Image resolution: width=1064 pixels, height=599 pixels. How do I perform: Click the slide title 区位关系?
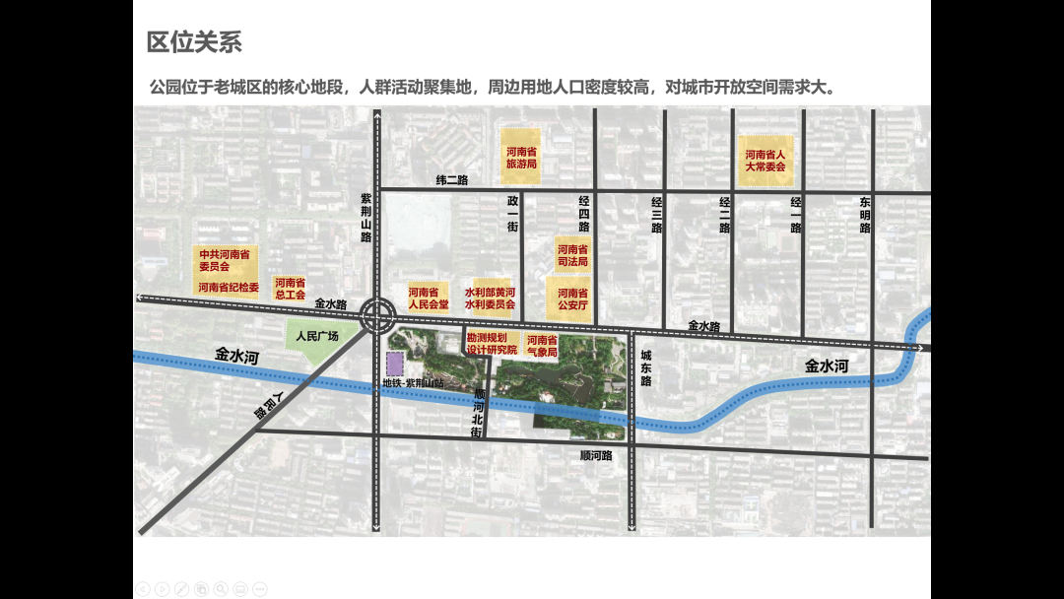point(194,42)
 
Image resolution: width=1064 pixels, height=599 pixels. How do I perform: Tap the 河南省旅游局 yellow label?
point(521,158)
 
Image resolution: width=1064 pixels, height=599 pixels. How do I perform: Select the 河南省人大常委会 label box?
point(765,161)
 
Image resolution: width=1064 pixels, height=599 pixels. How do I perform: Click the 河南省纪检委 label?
point(228,288)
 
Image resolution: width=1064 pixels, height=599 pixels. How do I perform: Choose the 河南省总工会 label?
point(290,288)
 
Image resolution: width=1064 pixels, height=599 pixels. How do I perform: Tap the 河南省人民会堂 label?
point(428,298)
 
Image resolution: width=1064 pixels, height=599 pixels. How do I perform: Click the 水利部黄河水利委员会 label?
point(490,298)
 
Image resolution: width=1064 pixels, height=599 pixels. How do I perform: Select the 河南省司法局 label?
point(572,256)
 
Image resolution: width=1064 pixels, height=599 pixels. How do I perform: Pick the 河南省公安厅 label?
point(572,299)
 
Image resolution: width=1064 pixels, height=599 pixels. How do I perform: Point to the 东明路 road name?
point(865,215)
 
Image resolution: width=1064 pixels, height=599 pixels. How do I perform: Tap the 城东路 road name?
point(646,368)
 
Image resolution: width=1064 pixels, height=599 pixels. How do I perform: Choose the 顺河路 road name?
point(596,456)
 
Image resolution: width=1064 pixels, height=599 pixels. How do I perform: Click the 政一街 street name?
point(512,214)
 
